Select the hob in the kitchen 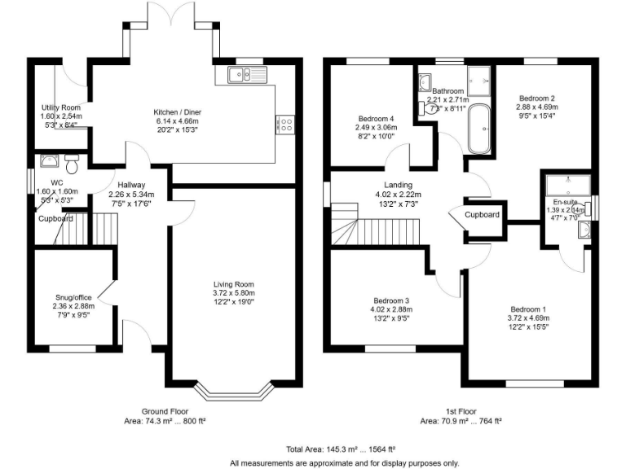click(x=286, y=124)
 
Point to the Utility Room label click(x=61, y=107)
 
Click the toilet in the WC click(x=73, y=165)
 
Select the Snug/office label click(x=72, y=298)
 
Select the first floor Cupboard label click(x=482, y=214)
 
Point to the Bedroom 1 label click(x=528, y=309)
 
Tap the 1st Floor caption click(x=460, y=412)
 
